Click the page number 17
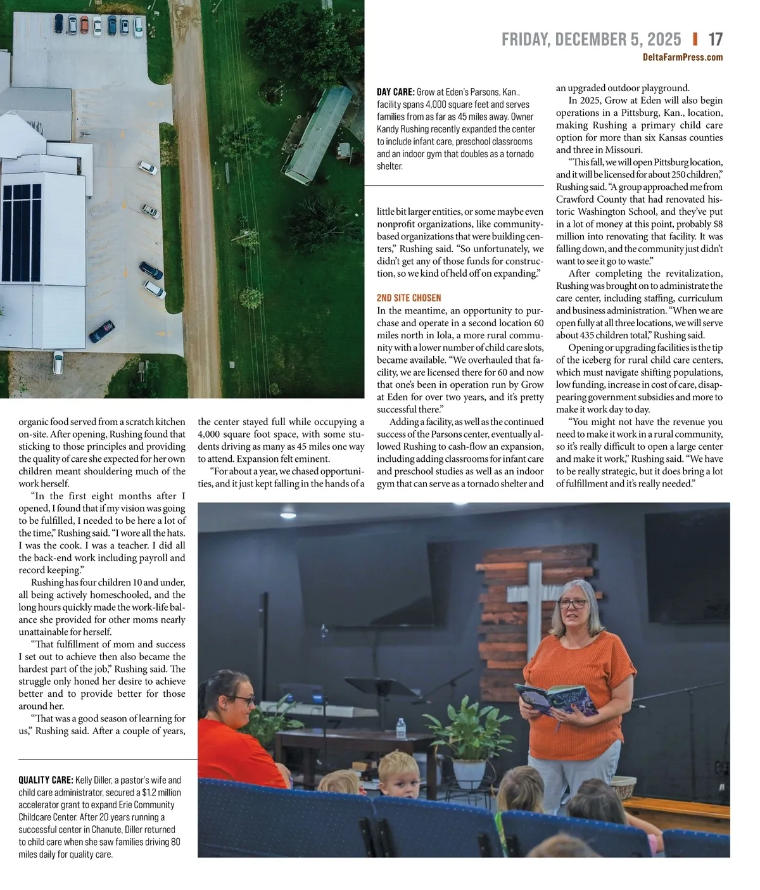715,39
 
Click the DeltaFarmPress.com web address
682,58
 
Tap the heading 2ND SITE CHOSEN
408,298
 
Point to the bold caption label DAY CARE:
395,92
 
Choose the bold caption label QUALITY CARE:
46,780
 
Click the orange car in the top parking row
84,25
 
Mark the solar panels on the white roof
21,232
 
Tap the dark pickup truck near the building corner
101,331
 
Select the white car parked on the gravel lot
148,168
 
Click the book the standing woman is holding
555,699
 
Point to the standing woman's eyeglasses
573,604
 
